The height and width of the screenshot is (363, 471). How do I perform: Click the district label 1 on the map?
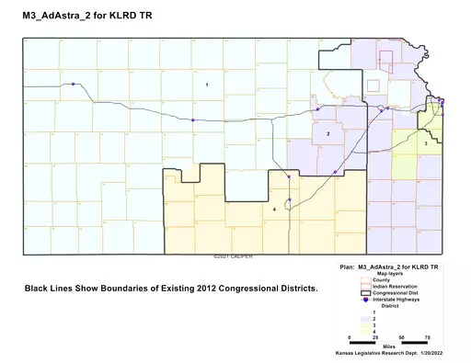207,85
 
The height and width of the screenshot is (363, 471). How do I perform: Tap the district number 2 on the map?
327,134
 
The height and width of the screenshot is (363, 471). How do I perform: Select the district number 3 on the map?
426,144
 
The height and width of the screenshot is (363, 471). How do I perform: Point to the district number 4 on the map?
274,210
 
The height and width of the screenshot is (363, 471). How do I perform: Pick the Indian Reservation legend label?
386,287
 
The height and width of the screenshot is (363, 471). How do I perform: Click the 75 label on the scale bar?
428,338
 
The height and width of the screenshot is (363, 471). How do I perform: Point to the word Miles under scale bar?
389,346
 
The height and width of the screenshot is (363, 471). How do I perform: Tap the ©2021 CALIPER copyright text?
232,255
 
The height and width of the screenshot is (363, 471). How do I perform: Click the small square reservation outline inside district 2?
373,85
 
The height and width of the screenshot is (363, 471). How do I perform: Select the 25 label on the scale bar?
375,338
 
